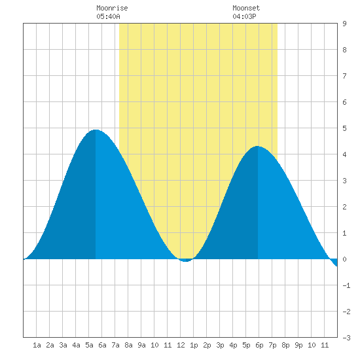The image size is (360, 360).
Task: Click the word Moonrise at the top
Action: tap(112, 8)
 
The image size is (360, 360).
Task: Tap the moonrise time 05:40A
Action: tap(108, 16)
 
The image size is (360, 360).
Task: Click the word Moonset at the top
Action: tap(246, 8)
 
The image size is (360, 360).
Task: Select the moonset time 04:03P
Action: tap(244, 16)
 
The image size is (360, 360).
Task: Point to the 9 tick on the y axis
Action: tap(344, 24)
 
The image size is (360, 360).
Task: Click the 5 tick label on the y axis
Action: tap(344, 128)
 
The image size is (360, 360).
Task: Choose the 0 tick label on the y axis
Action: tap(344, 259)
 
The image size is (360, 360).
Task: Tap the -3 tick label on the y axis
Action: tap(346, 338)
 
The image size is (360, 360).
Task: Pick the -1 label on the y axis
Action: tap(346, 285)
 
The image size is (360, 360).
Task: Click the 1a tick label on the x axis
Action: tap(37, 345)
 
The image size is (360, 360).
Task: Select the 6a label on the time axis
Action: tap(102, 345)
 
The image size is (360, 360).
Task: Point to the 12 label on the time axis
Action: tap(181, 345)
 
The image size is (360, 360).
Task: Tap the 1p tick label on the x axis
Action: tap(194, 345)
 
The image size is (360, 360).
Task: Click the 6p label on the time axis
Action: tap(259, 345)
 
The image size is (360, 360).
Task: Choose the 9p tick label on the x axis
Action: tap(298, 345)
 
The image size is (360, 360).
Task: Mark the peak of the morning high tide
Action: tap(96, 130)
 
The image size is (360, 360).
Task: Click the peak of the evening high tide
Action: tap(258, 146)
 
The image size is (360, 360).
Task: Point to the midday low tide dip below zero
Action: tap(186, 261)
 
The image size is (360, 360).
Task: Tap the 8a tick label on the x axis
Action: tap(128, 345)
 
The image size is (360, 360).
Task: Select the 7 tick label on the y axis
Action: tap(344, 76)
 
